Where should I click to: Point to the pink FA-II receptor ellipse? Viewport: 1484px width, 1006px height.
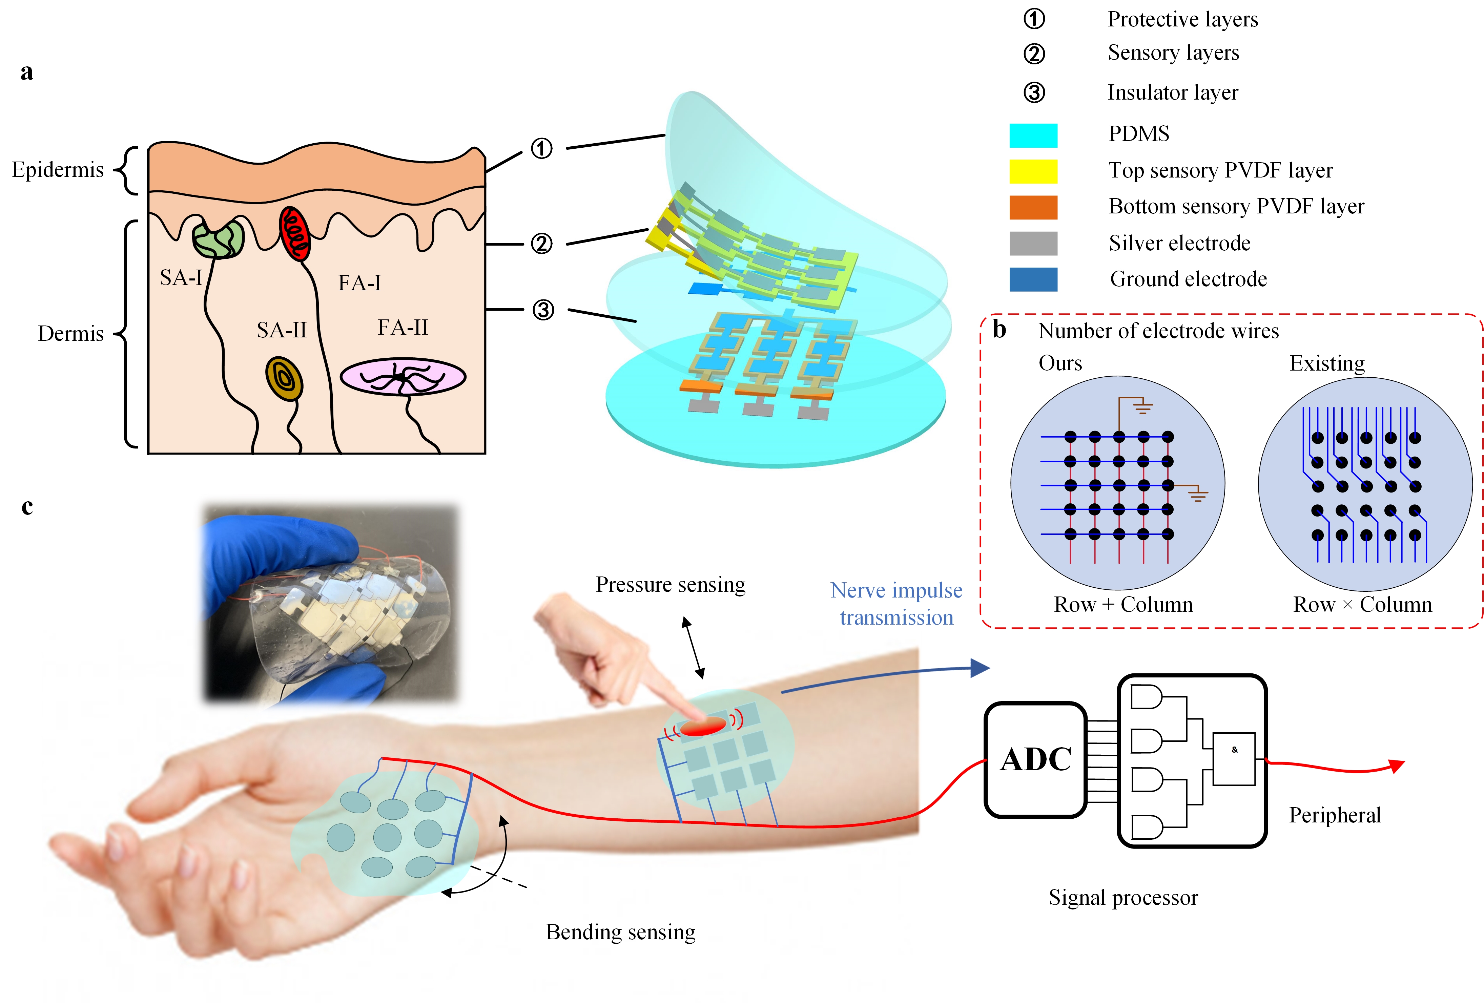[x=403, y=377]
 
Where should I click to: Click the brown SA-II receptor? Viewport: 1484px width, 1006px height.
[x=284, y=379]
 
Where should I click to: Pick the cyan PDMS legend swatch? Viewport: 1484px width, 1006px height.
[x=1033, y=135]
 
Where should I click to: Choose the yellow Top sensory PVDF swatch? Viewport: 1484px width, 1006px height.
[x=1033, y=171]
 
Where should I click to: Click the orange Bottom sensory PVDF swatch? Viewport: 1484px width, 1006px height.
[x=1033, y=207]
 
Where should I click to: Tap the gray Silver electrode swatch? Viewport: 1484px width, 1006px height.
[x=1033, y=243]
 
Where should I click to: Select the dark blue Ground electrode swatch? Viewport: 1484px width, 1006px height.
[x=1033, y=279]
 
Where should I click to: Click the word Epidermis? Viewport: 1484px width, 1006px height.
[x=58, y=170]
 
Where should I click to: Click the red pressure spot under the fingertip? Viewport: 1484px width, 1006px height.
[x=702, y=726]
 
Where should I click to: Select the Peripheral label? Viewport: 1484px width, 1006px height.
[x=1335, y=815]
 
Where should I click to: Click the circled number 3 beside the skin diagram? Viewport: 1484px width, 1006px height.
[x=543, y=310]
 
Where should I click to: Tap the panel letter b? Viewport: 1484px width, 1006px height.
[x=999, y=329]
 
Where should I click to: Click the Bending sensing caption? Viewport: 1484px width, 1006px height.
[x=620, y=932]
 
